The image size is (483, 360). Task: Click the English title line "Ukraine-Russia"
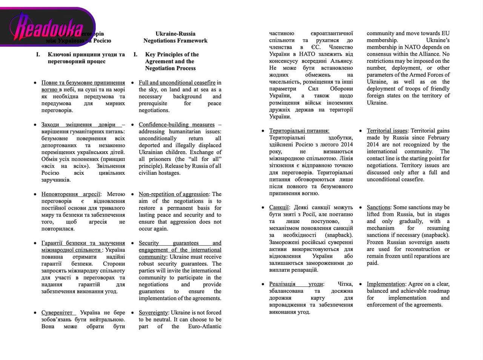point(175,34)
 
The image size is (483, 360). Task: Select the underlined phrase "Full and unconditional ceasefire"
point(177,83)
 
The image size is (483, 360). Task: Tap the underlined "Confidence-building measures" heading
point(176,125)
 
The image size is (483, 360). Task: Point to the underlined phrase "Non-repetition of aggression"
point(174,194)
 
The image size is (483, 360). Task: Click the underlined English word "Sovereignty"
point(153,312)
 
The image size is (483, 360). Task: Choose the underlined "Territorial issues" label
point(387,131)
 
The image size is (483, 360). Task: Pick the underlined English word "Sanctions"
point(378,207)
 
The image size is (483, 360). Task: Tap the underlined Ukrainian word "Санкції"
point(279,207)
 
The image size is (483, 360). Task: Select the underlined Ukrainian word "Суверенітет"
point(57,312)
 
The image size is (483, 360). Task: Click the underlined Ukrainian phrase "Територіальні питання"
point(299,131)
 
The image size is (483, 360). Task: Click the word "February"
point(438,138)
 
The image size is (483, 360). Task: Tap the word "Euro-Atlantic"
point(205,326)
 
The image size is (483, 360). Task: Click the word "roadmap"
point(438,291)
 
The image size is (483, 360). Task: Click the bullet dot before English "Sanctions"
point(360,208)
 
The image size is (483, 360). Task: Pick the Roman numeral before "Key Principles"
point(135,54)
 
